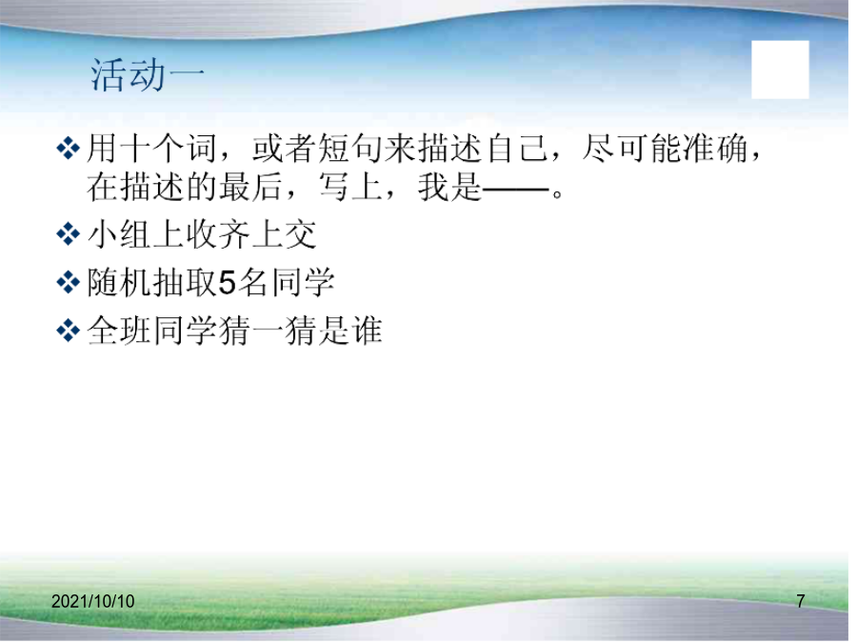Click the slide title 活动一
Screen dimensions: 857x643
pyautogui.click(x=147, y=74)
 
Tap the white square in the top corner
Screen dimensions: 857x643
pyautogui.click(x=780, y=70)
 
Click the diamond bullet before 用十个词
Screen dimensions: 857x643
pyautogui.click(x=69, y=149)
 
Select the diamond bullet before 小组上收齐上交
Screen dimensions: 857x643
pyautogui.click(x=69, y=234)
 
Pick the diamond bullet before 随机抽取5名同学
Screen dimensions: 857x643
pyautogui.click(x=69, y=283)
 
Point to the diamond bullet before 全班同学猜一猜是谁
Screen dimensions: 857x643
pyautogui.click(x=69, y=331)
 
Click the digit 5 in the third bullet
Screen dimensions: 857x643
pyautogui.click(x=228, y=283)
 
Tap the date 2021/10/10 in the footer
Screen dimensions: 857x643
pyautogui.click(x=93, y=601)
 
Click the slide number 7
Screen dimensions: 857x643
pyautogui.click(x=801, y=601)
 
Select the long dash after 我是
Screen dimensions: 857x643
pyautogui.click(x=515, y=191)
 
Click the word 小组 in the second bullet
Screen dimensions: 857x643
pyautogui.click(x=119, y=235)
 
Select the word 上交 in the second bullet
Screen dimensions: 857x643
pyautogui.click(x=284, y=235)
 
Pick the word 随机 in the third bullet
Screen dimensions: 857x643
pyautogui.click(x=119, y=283)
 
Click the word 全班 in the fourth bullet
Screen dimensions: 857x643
pyautogui.click(x=119, y=332)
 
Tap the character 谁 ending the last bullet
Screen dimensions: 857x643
pyautogui.click(x=367, y=332)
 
